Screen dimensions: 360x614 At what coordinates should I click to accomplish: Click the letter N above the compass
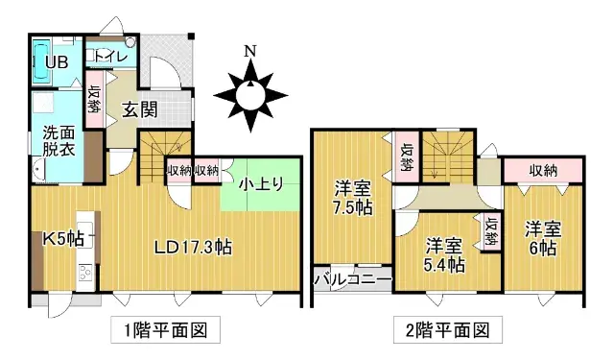click(x=249, y=52)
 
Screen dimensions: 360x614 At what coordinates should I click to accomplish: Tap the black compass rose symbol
click(x=250, y=94)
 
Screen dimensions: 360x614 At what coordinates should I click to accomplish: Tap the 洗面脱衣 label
click(x=57, y=140)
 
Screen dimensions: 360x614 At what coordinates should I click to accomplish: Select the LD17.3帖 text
click(x=193, y=245)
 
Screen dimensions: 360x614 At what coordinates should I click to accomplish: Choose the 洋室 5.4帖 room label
click(x=446, y=252)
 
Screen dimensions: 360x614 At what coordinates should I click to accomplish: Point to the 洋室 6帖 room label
click(x=541, y=238)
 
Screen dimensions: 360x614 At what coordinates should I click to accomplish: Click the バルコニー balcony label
click(x=353, y=281)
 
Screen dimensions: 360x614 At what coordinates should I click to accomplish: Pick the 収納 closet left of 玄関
click(x=95, y=100)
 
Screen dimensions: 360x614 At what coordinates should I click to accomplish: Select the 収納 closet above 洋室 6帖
click(x=542, y=170)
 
